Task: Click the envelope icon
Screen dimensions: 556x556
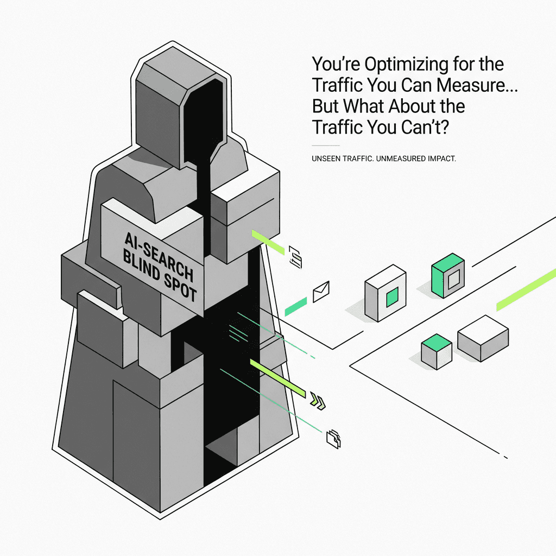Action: [321, 291]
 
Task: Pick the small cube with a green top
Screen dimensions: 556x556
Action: [437, 350]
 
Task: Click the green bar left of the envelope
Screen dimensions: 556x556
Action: [296, 306]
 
